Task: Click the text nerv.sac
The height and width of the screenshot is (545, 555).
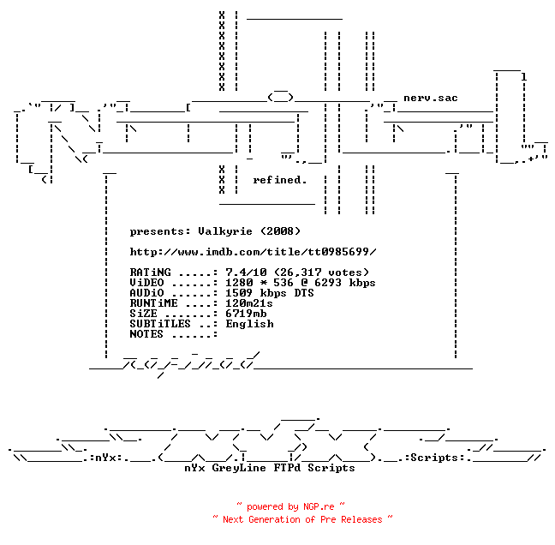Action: point(431,98)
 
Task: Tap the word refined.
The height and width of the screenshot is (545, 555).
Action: point(279,180)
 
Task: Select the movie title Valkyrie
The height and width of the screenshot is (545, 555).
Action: point(225,231)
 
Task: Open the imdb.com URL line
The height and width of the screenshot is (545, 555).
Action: point(253,252)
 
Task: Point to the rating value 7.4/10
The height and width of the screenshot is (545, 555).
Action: point(246,272)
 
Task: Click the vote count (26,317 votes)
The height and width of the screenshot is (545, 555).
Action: point(321,272)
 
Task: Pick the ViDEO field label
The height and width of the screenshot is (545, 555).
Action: point(146,283)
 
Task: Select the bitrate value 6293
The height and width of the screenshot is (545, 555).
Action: point(328,283)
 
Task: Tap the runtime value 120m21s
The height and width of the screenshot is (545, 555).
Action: point(249,303)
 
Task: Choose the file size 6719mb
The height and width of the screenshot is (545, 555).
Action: point(246,314)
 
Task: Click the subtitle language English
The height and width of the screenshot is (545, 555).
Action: point(249,324)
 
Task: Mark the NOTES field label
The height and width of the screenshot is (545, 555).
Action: point(146,334)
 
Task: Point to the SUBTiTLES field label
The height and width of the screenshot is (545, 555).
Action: point(160,324)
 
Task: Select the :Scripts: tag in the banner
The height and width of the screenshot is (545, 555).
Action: point(434,458)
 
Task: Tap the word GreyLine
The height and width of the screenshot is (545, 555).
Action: point(239,468)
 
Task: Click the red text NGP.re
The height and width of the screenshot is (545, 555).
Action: point(319,506)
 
